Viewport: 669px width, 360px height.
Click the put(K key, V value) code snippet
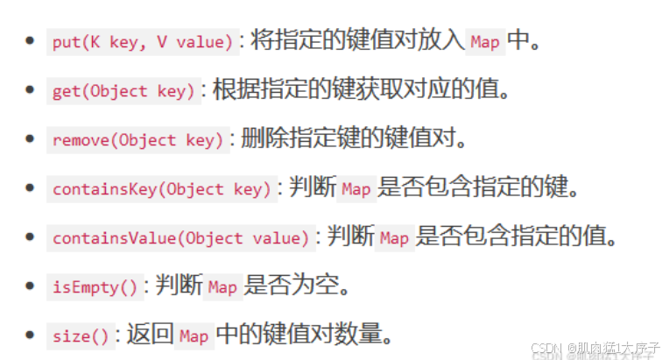[x=142, y=42]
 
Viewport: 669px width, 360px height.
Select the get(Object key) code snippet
[x=123, y=91]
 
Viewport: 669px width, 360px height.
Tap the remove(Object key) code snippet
[x=137, y=140]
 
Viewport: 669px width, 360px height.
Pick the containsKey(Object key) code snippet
[x=161, y=189]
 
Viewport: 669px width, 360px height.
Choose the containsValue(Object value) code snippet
[x=180, y=238]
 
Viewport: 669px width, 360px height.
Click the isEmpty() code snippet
[x=95, y=286]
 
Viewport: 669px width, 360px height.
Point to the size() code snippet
[x=81, y=335]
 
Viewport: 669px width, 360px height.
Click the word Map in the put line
[x=485, y=42]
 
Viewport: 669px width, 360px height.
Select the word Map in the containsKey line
[x=356, y=189]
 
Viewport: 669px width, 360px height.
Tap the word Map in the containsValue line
[x=394, y=238]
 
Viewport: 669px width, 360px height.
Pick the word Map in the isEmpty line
[x=222, y=286]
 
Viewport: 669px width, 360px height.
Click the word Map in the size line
[x=194, y=335]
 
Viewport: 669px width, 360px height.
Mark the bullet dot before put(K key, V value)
[x=31, y=41]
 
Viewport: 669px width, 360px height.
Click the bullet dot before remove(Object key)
[x=31, y=139]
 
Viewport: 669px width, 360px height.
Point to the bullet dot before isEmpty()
[x=31, y=286]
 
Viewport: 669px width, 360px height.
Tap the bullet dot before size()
[x=31, y=335]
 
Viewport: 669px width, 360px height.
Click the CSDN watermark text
[x=595, y=348]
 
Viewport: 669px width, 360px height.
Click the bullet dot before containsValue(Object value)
[x=31, y=237]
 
